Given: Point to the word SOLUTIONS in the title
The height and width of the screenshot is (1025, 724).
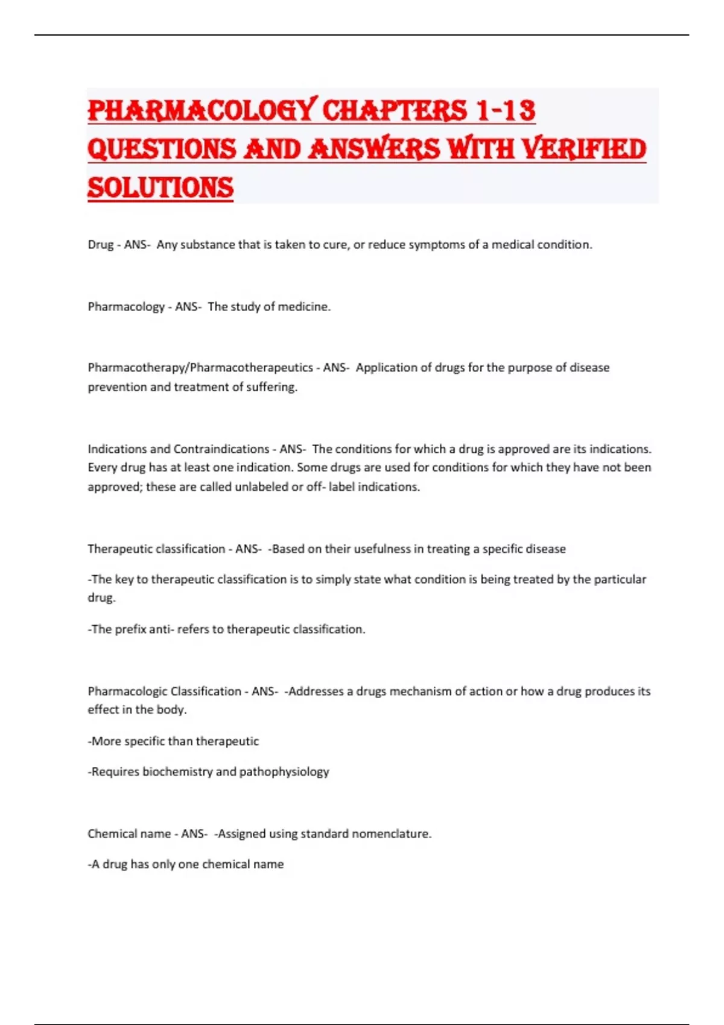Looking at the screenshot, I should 160,188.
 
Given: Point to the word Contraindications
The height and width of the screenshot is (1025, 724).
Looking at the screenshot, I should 221,449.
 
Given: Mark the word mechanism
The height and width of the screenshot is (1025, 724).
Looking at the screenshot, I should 419,692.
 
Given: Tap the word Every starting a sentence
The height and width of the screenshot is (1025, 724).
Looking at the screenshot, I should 101,468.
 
